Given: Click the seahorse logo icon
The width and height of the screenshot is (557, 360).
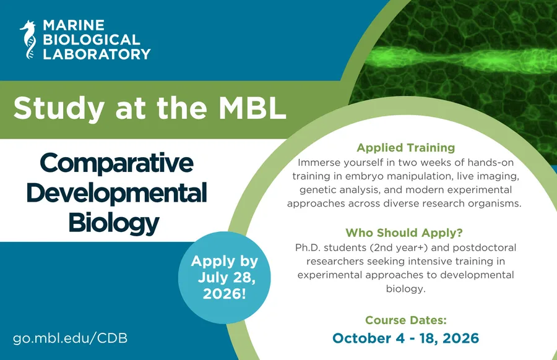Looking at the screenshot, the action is click(28, 40).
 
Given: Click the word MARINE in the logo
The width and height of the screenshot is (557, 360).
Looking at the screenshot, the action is click(74, 25).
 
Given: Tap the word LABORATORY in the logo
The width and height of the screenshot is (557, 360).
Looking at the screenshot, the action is click(97, 54).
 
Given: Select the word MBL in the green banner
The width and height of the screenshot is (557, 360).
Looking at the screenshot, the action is click(253, 108).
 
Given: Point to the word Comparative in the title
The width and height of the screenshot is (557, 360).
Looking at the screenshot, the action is click(117, 164).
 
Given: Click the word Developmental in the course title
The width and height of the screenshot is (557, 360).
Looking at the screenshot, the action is click(117, 193).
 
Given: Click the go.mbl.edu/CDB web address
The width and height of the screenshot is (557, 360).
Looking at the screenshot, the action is click(70, 338).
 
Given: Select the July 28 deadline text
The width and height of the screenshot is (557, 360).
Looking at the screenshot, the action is click(227, 277).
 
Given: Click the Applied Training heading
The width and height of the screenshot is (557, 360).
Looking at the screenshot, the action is click(405, 148).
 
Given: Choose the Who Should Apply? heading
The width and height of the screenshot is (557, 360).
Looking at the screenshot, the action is click(404, 233).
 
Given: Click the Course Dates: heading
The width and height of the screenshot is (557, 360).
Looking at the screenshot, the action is click(405, 320).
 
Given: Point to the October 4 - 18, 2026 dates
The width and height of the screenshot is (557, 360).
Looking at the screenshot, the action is click(405, 338).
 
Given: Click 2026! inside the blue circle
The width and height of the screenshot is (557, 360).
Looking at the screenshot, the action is click(225, 294).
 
